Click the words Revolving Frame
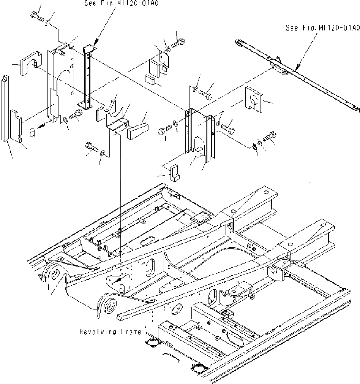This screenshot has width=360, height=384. click(x=110, y=332)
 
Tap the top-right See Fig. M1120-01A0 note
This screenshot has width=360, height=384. click(x=323, y=28)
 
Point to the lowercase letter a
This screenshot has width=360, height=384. click(x=33, y=132)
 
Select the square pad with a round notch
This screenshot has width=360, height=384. click(x=254, y=100)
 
